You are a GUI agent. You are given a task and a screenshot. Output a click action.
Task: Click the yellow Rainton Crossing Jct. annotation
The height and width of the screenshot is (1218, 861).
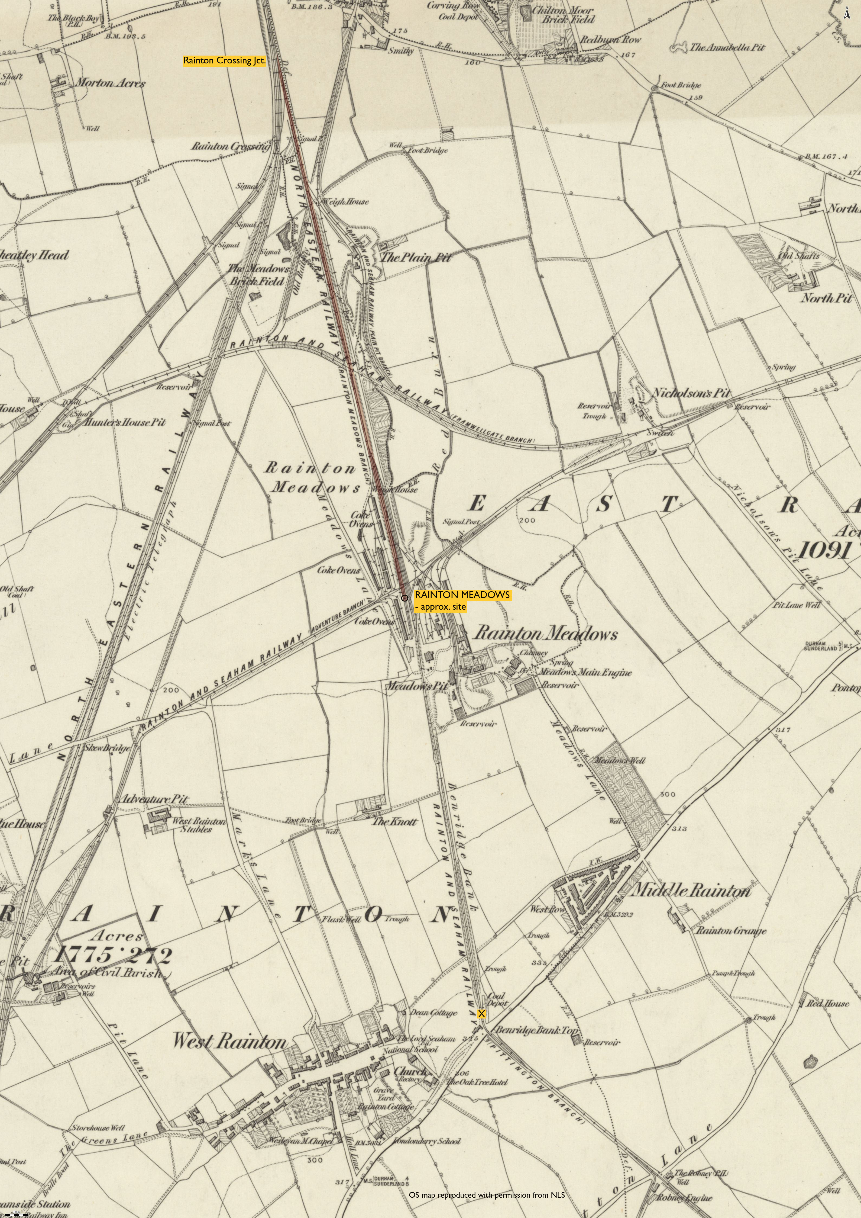pos(224,60)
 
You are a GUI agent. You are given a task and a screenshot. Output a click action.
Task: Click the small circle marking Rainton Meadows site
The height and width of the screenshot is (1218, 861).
pos(404,598)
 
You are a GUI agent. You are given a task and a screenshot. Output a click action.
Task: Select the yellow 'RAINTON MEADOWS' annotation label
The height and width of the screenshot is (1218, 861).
pos(462,595)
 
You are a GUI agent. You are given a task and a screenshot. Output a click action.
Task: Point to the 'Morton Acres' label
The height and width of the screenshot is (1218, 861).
pos(110,83)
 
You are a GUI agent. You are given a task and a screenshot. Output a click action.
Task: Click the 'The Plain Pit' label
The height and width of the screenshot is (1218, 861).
pos(416,258)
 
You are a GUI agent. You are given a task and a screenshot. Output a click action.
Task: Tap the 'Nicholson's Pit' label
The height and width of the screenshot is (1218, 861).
pos(691,393)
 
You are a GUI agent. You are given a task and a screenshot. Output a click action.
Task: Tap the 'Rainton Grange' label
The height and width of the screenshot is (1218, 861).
pos(731,930)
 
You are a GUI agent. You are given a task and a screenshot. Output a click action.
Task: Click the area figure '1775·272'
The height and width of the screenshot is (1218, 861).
pos(113,955)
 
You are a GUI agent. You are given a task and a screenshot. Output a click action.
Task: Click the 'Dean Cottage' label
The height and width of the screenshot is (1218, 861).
pos(434,1012)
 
